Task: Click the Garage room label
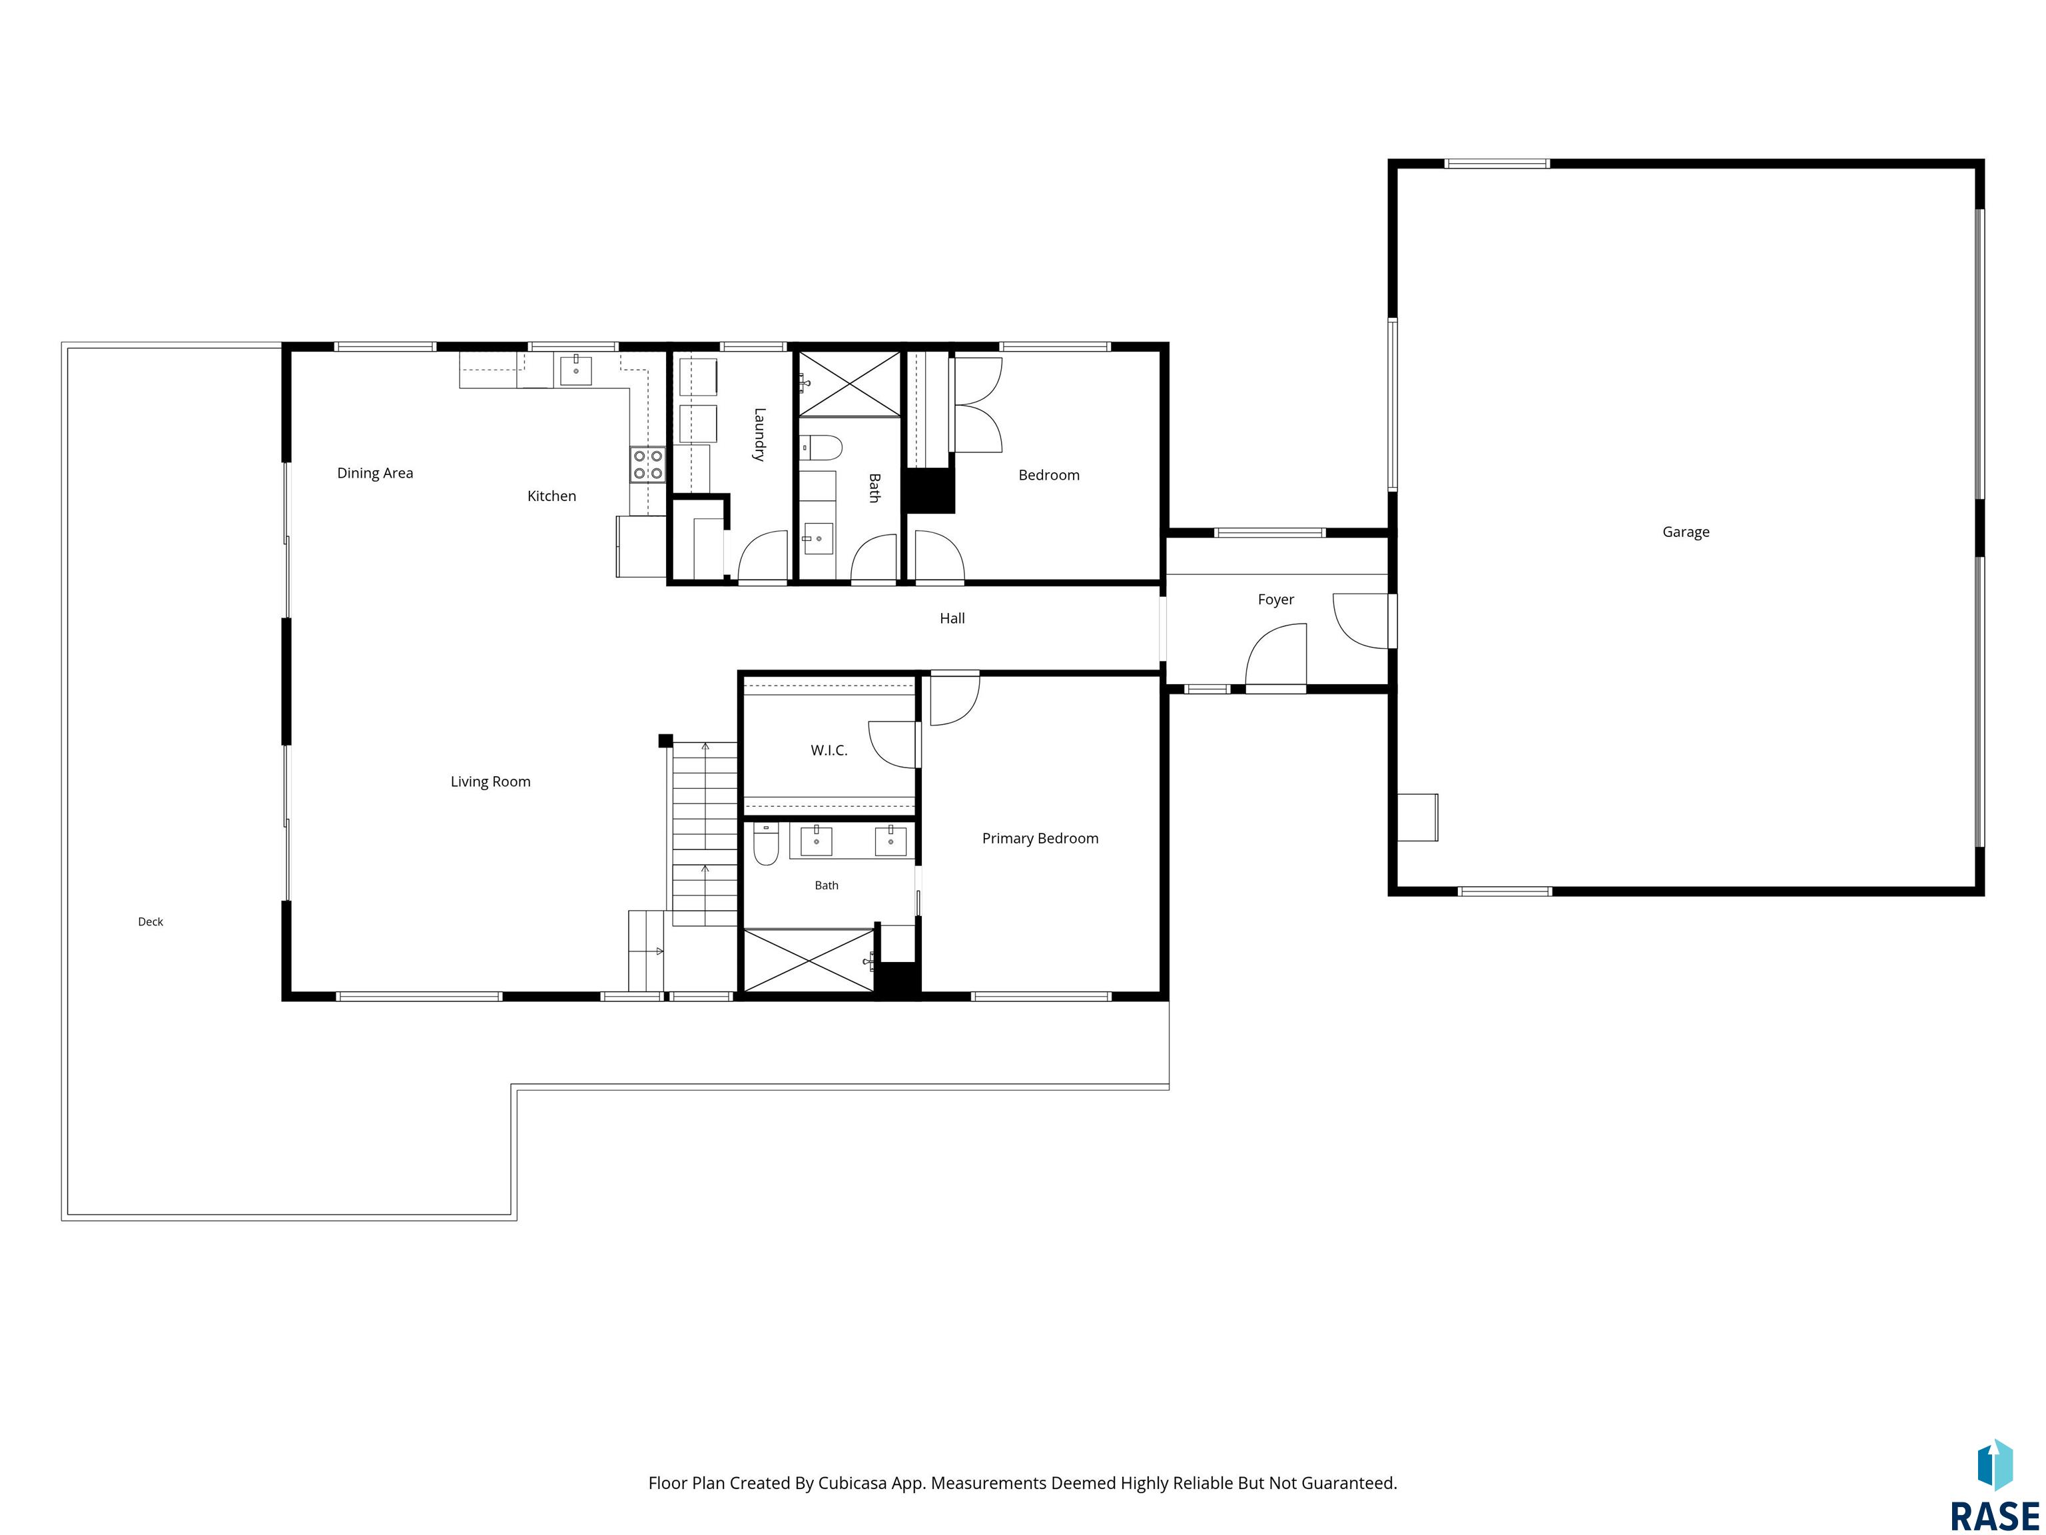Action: pos(1685,532)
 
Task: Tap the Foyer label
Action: pos(1275,600)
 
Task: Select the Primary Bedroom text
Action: pos(1040,838)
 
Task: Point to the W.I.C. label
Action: pos(829,750)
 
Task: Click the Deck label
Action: pos(151,921)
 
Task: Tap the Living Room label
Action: pos(490,782)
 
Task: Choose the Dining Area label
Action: pos(374,473)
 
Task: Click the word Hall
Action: pos(952,618)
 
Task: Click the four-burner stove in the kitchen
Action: pos(647,464)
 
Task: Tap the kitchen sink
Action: pos(575,369)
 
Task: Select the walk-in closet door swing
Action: pos(892,745)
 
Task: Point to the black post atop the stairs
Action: pos(665,740)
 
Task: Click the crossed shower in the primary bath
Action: pos(809,961)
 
